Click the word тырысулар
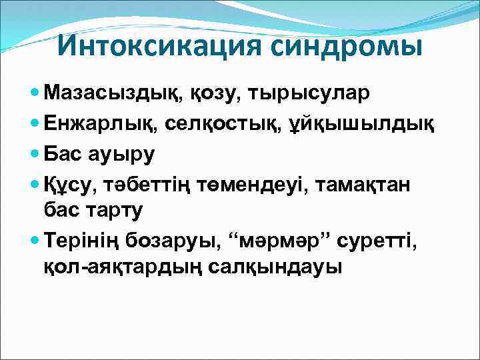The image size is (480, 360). click(308, 93)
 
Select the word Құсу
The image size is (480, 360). click(69, 183)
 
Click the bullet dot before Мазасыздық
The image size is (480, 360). click(35, 93)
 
